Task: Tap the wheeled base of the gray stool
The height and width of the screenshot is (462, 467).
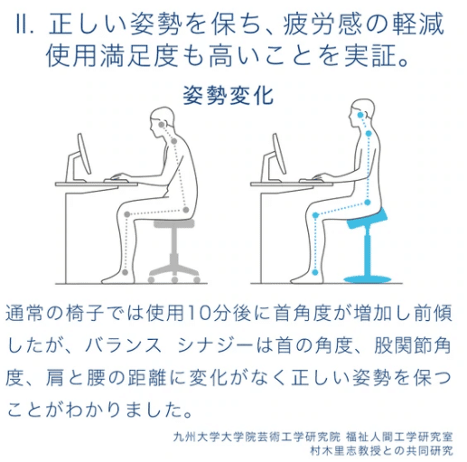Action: [x=173, y=267]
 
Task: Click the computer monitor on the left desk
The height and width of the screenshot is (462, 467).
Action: [x=82, y=155]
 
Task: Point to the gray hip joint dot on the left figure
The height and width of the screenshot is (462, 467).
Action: [x=186, y=211]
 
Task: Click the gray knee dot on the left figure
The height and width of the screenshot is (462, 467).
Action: [x=126, y=213]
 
